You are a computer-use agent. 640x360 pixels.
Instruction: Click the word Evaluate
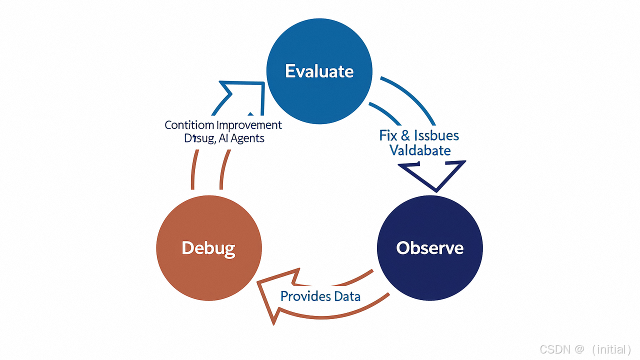tap(319, 71)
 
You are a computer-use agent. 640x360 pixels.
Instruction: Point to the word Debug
tap(208, 248)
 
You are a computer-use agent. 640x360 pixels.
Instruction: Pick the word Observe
tap(429, 248)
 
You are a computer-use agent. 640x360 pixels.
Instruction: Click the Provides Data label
tap(320, 296)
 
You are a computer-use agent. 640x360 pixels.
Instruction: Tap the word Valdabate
tap(420, 150)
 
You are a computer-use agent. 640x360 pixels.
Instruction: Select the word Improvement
tap(248, 125)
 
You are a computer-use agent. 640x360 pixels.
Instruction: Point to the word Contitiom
tap(189, 125)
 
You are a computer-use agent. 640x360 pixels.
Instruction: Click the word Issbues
tap(436, 135)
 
